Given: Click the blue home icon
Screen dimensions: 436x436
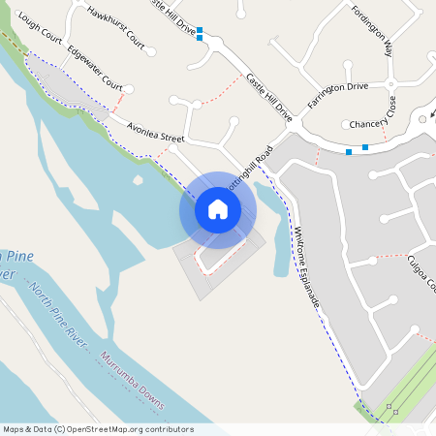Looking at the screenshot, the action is pos(218,209).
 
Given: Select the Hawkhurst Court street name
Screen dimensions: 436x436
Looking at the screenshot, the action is pos(115,29).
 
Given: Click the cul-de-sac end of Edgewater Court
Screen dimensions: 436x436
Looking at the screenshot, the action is pos(130,88).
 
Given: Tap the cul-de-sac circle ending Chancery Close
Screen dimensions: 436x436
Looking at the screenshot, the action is pos(346,124).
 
